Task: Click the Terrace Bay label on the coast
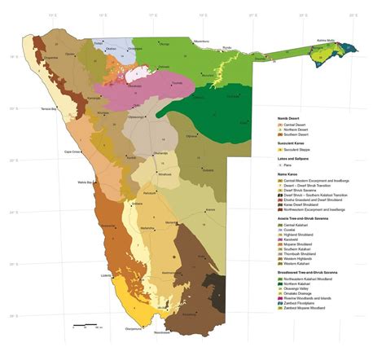(x=51, y=109)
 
